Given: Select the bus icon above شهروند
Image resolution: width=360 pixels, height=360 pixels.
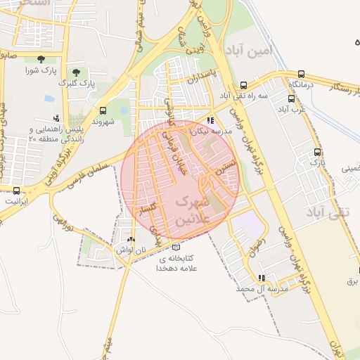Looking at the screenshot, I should [103, 110].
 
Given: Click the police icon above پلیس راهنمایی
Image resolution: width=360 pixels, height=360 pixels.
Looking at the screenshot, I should [56, 118].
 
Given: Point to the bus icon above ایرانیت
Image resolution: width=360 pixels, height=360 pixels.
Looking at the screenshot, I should [17, 190].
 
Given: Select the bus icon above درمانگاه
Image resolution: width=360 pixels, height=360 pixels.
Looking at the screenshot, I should [302, 74].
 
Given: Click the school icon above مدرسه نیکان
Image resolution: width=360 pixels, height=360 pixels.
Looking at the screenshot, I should [210, 120].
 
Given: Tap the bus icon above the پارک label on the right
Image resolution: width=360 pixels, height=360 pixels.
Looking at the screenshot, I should [318, 151].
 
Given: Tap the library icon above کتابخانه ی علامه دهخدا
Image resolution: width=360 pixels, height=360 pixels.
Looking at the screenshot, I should [176, 247].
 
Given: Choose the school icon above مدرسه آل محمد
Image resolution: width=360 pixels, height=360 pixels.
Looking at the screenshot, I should [262, 278].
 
